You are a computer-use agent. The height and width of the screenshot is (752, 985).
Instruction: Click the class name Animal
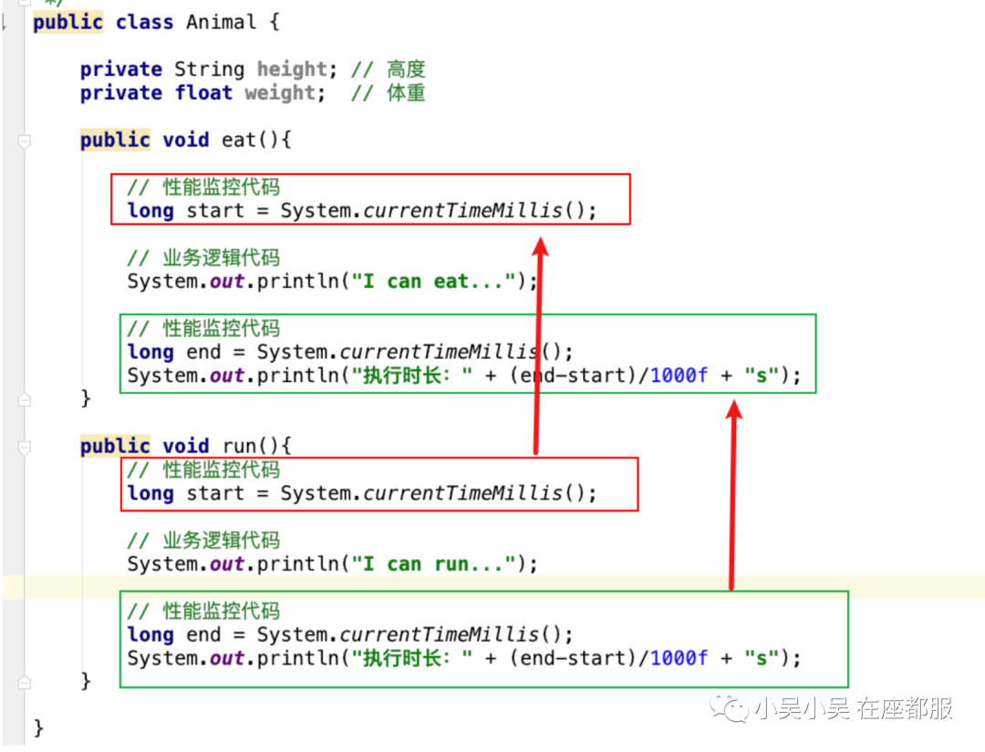(221, 22)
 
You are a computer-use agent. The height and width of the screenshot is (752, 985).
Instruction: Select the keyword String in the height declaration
(209, 69)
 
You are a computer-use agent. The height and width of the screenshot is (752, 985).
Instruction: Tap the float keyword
(203, 93)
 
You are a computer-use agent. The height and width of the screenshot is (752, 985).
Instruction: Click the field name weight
(280, 93)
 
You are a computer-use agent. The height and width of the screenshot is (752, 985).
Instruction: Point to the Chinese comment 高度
(406, 69)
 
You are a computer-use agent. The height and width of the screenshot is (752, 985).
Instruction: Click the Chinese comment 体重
(406, 93)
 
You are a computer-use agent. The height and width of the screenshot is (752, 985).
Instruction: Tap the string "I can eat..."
(433, 282)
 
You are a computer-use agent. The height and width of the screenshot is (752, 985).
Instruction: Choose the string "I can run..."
(433, 563)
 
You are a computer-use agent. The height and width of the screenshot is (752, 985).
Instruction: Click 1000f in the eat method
(679, 376)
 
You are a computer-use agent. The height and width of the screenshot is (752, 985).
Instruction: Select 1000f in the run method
(679, 658)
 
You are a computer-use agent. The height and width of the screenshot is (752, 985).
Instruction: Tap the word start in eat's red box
(215, 211)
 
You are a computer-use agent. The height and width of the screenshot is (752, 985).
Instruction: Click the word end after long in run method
(203, 634)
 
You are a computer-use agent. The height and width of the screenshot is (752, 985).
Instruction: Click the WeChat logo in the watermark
(729, 708)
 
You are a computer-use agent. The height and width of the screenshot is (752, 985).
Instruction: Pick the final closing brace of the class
(38, 728)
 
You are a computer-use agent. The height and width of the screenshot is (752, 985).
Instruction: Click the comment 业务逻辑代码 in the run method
(221, 541)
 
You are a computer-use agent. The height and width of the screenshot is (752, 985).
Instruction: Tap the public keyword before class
(67, 22)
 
